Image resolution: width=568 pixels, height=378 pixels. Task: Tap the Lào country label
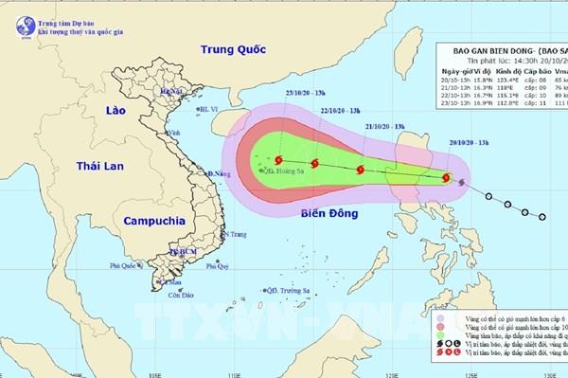(98, 114)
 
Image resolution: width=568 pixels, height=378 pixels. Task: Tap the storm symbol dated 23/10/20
(277, 162)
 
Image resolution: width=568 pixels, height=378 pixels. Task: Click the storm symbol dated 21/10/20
(359, 171)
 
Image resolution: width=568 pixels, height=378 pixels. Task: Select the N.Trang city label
(238, 234)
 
